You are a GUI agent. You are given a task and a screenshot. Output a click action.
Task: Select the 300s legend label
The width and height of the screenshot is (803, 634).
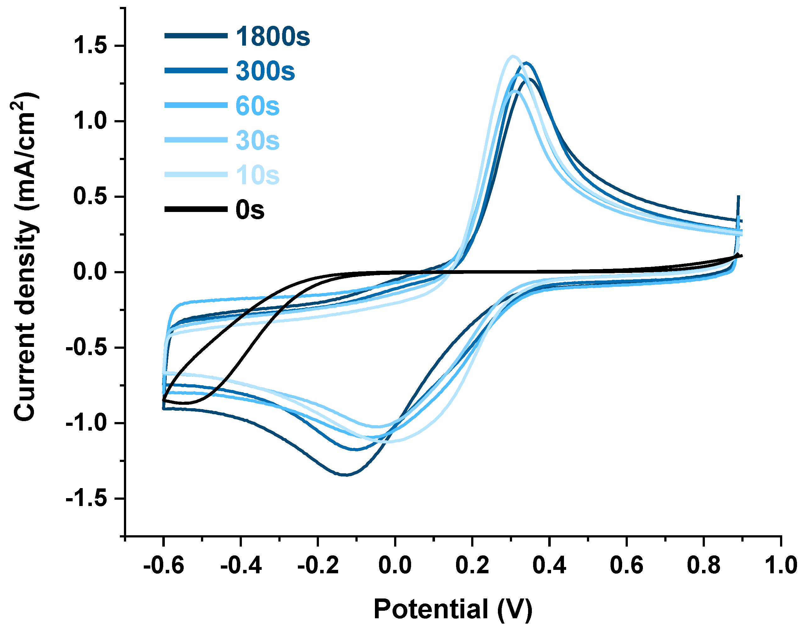(x=265, y=71)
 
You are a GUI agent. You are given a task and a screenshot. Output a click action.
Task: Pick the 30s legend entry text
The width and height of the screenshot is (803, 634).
(x=257, y=141)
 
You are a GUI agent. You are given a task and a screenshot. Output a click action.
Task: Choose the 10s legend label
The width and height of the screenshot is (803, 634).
(x=257, y=175)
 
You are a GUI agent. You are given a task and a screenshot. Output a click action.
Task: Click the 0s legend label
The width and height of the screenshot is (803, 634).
(x=250, y=210)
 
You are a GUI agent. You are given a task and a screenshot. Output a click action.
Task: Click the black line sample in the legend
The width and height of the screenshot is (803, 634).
(x=196, y=209)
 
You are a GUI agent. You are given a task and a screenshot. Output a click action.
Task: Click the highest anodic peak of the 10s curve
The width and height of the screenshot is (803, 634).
(x=513, y=56)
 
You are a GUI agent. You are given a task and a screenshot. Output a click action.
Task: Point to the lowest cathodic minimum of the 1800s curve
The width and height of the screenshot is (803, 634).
(x=346, y=475)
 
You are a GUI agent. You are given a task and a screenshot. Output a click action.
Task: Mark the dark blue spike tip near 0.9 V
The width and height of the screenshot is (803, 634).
(x=739, y=196)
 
